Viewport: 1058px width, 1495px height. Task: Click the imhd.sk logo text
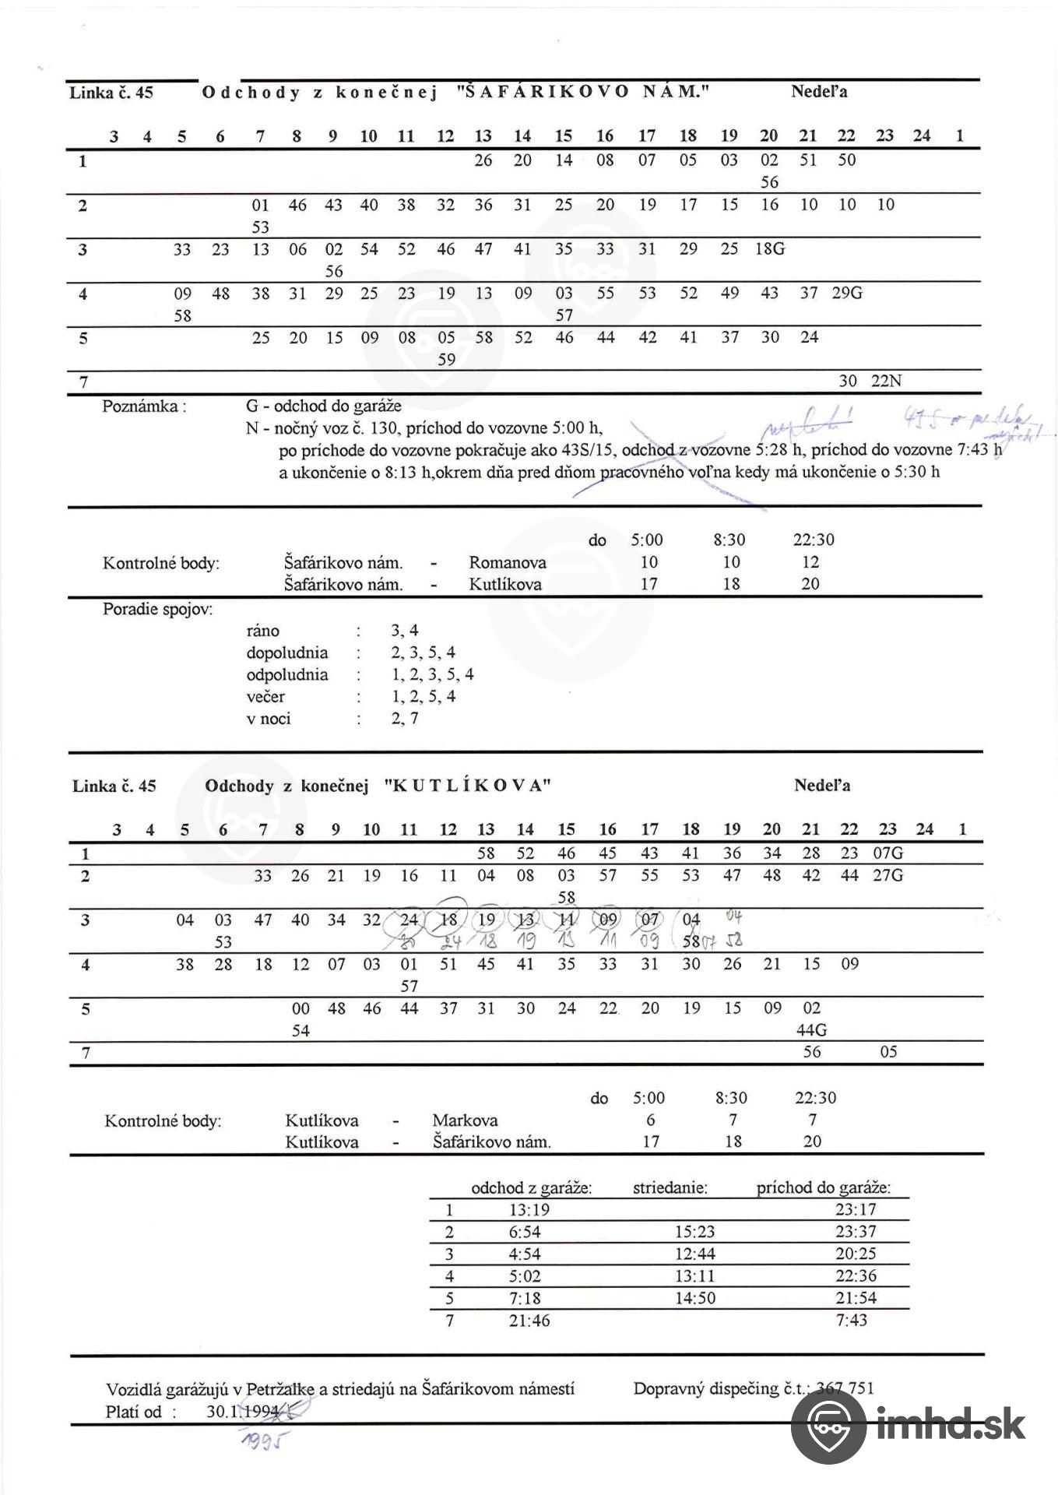click(951, 1424)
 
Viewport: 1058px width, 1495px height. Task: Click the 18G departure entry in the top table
click(770, 249)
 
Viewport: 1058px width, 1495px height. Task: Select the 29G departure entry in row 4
click(847, 294)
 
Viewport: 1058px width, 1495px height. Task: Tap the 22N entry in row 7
click(887, 381)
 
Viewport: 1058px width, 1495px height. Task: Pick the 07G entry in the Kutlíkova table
click(888, 853)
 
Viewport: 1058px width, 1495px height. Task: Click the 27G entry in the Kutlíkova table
click(888, 875)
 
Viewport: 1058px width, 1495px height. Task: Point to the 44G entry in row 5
click(812, 1030)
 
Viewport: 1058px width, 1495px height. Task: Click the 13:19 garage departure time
click(529, 1210)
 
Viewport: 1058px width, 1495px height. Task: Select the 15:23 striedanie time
click(694, 1232)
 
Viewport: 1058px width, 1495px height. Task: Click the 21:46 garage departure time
click(529, 1320)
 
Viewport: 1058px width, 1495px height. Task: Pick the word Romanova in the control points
click(508, 562)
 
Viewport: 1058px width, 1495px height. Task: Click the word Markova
click(465, 1120)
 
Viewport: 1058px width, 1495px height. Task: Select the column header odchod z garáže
click(531, 1188)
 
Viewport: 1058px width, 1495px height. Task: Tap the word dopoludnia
click(287, 653)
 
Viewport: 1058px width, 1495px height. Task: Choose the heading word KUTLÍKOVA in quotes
click(468, 786)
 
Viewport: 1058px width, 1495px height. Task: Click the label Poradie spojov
click(157, 609)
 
